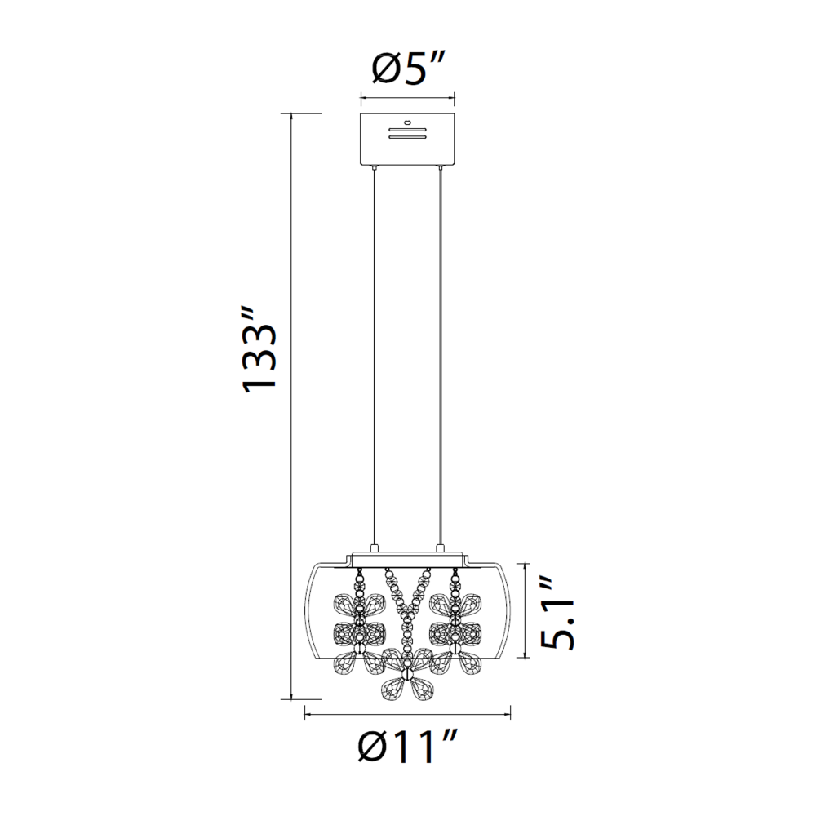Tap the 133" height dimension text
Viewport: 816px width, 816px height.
click(x=259, y=349)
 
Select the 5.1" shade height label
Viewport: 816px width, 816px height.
click(x=557, y=615)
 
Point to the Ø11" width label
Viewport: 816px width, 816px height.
click(x=407, y=747)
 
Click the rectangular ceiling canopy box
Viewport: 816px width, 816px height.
click(x=407, y=138)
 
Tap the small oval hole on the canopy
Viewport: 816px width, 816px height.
click(x=407, y=122)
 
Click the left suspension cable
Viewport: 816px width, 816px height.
click(x=374, y=357)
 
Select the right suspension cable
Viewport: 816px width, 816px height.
click(x=441, y=357)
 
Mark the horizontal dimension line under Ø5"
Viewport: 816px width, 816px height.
click(x=407, y=98)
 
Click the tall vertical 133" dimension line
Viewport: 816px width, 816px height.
click(x=291, y=406)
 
